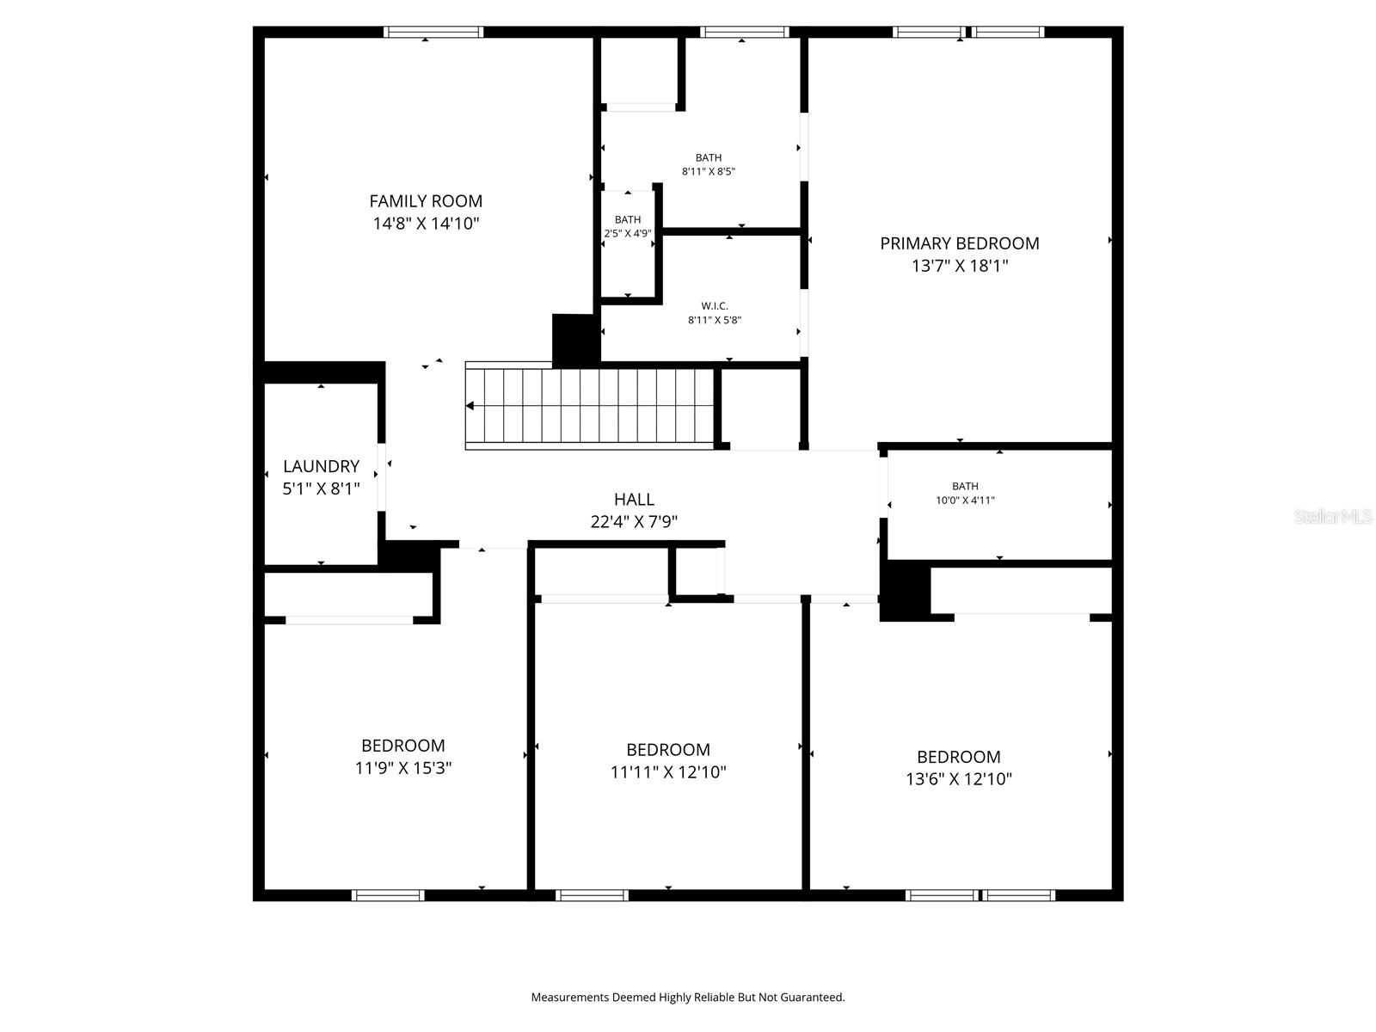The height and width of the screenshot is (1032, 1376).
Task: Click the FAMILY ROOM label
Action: (x=426, y=201)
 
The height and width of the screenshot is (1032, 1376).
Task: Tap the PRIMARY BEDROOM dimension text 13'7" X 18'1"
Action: (x=960, y=266)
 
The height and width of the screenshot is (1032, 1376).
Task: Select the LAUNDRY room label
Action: (x=321, y=466)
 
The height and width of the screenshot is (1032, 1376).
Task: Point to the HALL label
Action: (x=634, y=499)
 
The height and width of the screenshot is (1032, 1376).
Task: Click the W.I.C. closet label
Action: (x=714, y=306)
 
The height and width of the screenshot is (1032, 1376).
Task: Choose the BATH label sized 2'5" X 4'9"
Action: (x=628, y=220)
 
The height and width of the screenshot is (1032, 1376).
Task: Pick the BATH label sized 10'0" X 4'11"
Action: (x=965, y=486)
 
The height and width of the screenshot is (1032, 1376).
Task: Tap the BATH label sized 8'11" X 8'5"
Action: (x=709, y=158)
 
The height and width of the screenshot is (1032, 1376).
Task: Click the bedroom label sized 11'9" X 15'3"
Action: (x=402, y=746)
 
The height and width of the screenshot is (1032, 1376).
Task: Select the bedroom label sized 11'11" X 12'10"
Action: (x=668, y=750)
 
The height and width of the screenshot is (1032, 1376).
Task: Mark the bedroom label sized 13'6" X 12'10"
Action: (x=958, y=757)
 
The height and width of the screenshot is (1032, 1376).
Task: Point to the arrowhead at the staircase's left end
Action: (x=470, y=406)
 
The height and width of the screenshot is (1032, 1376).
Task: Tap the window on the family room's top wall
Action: (x=433, y=33)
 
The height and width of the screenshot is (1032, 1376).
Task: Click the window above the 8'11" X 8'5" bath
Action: (x=745, y=33)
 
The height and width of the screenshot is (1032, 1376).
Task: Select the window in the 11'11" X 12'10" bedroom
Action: (x=592, y=895)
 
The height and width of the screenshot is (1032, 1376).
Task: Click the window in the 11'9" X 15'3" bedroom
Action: (x=389, y=895)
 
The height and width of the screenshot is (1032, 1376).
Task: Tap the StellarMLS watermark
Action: (x=1333, y=517)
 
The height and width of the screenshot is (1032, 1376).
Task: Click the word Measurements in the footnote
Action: (x=568, y=998)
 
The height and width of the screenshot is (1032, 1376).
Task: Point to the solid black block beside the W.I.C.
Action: (x=574, y=339)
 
